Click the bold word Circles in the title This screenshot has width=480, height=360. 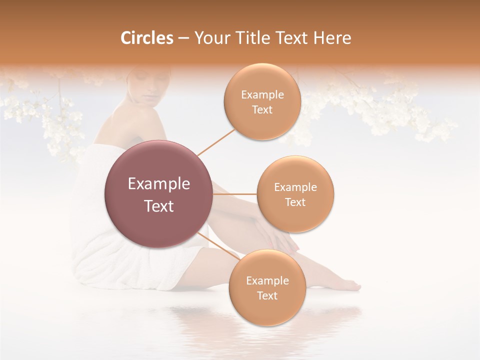(146, 38)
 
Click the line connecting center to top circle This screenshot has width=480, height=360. (216, 141)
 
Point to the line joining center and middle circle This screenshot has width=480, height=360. (235, 194)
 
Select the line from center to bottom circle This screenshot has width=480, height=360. (218, 245)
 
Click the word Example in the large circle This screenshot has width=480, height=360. (159, 184)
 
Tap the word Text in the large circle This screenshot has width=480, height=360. (159, 206)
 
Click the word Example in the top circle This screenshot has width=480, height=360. (262, 95)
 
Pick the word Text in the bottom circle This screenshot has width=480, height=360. (267, 295)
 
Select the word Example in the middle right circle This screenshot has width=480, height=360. (295, 187)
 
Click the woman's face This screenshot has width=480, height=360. (142, 85)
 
